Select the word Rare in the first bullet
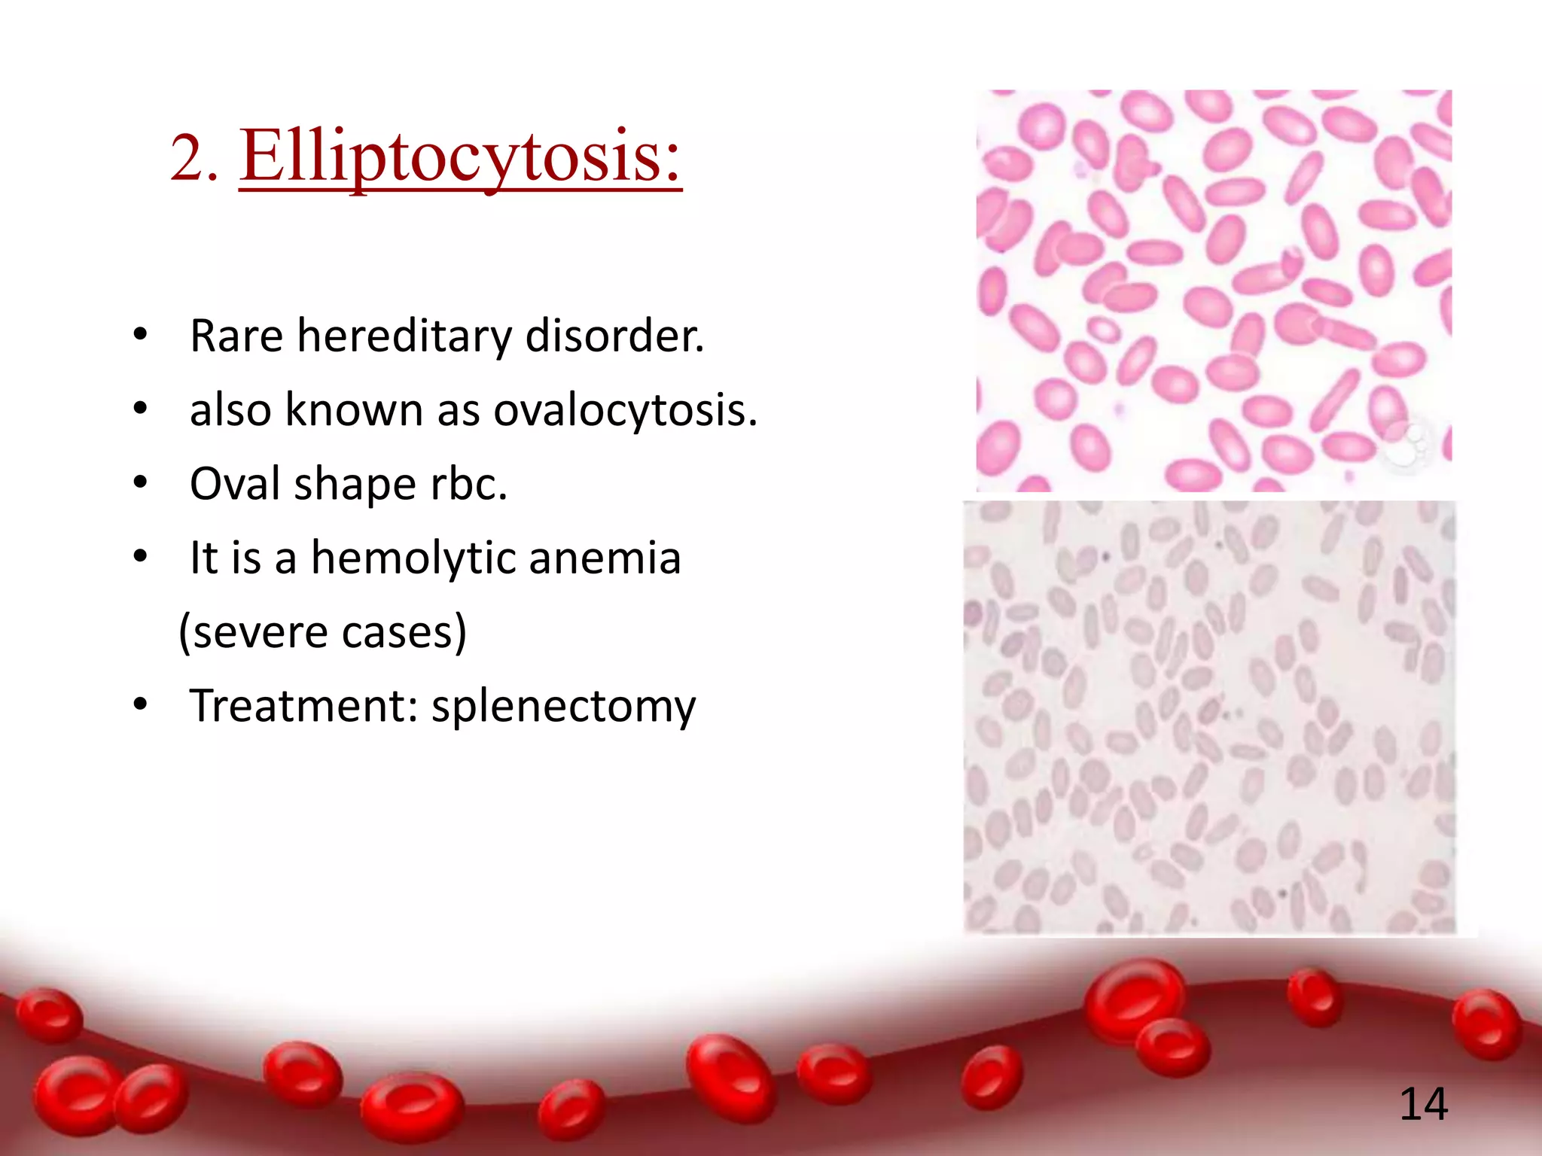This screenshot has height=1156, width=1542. (236, 336)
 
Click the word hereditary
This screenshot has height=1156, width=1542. (404, 336)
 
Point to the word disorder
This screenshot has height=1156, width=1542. (614, 336)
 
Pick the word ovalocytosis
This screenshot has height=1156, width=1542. (624, 410)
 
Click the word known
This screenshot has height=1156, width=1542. (354, 410)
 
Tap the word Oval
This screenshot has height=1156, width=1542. (234, 483)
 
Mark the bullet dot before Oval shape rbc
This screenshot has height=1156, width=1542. (140, 483)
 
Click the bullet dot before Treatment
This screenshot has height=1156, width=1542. (140, 705)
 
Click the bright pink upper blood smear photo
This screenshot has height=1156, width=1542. (1213, 291)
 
